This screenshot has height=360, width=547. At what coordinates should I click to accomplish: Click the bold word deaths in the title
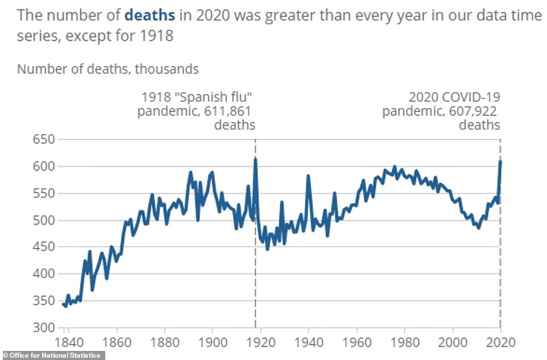(x=149, y=14)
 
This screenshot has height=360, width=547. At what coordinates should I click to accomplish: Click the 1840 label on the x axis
(x=68, y=342)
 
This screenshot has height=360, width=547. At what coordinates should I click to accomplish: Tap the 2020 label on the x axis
(x=501, y=342)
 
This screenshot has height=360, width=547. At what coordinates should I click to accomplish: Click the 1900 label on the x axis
(x=212, y=342)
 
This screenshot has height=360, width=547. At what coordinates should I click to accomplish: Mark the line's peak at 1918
(x=255, y=159)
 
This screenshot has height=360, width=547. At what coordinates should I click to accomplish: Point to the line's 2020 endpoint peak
(x=500, y=162)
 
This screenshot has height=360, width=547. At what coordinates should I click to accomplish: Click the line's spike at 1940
(x=308, y=176)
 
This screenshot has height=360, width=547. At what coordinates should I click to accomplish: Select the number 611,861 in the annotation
(x=230, y=111)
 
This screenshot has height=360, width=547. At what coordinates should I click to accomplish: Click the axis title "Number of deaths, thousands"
(x=108, y=69)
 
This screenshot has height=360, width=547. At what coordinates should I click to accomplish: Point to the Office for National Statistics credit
(x=52, y=355)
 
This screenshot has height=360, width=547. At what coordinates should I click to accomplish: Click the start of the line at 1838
(x=63, y=304)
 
